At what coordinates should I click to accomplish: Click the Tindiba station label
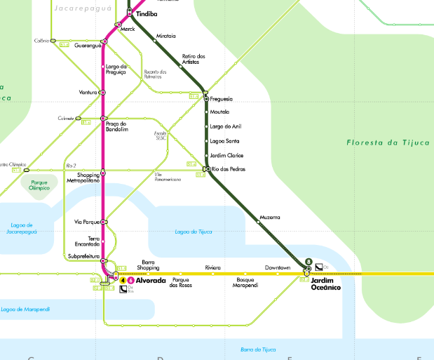(x=147, y=13)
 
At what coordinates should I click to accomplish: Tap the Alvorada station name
(x=151, y=281)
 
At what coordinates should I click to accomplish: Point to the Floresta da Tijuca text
(x=388, y=143)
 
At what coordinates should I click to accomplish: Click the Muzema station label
(x=269, y=217)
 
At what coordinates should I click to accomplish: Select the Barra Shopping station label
(x=148, y=265)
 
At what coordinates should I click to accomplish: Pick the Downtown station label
(x=278, y=268)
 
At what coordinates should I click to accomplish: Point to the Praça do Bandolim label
(x=116, y=126)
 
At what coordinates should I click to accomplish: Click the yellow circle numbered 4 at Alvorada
(x=123, y=281)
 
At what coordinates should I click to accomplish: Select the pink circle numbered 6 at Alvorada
(x=130, y=281)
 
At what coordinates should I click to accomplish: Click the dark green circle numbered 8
(x=308, y=263)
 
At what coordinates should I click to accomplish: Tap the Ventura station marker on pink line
(x=102, y=92)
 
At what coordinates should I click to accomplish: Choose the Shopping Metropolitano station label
(x=83, y=178)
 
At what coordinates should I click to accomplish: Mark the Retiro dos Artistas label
(x=194, y=59)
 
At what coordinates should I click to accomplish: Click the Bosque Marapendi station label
(x=245, y=283)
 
